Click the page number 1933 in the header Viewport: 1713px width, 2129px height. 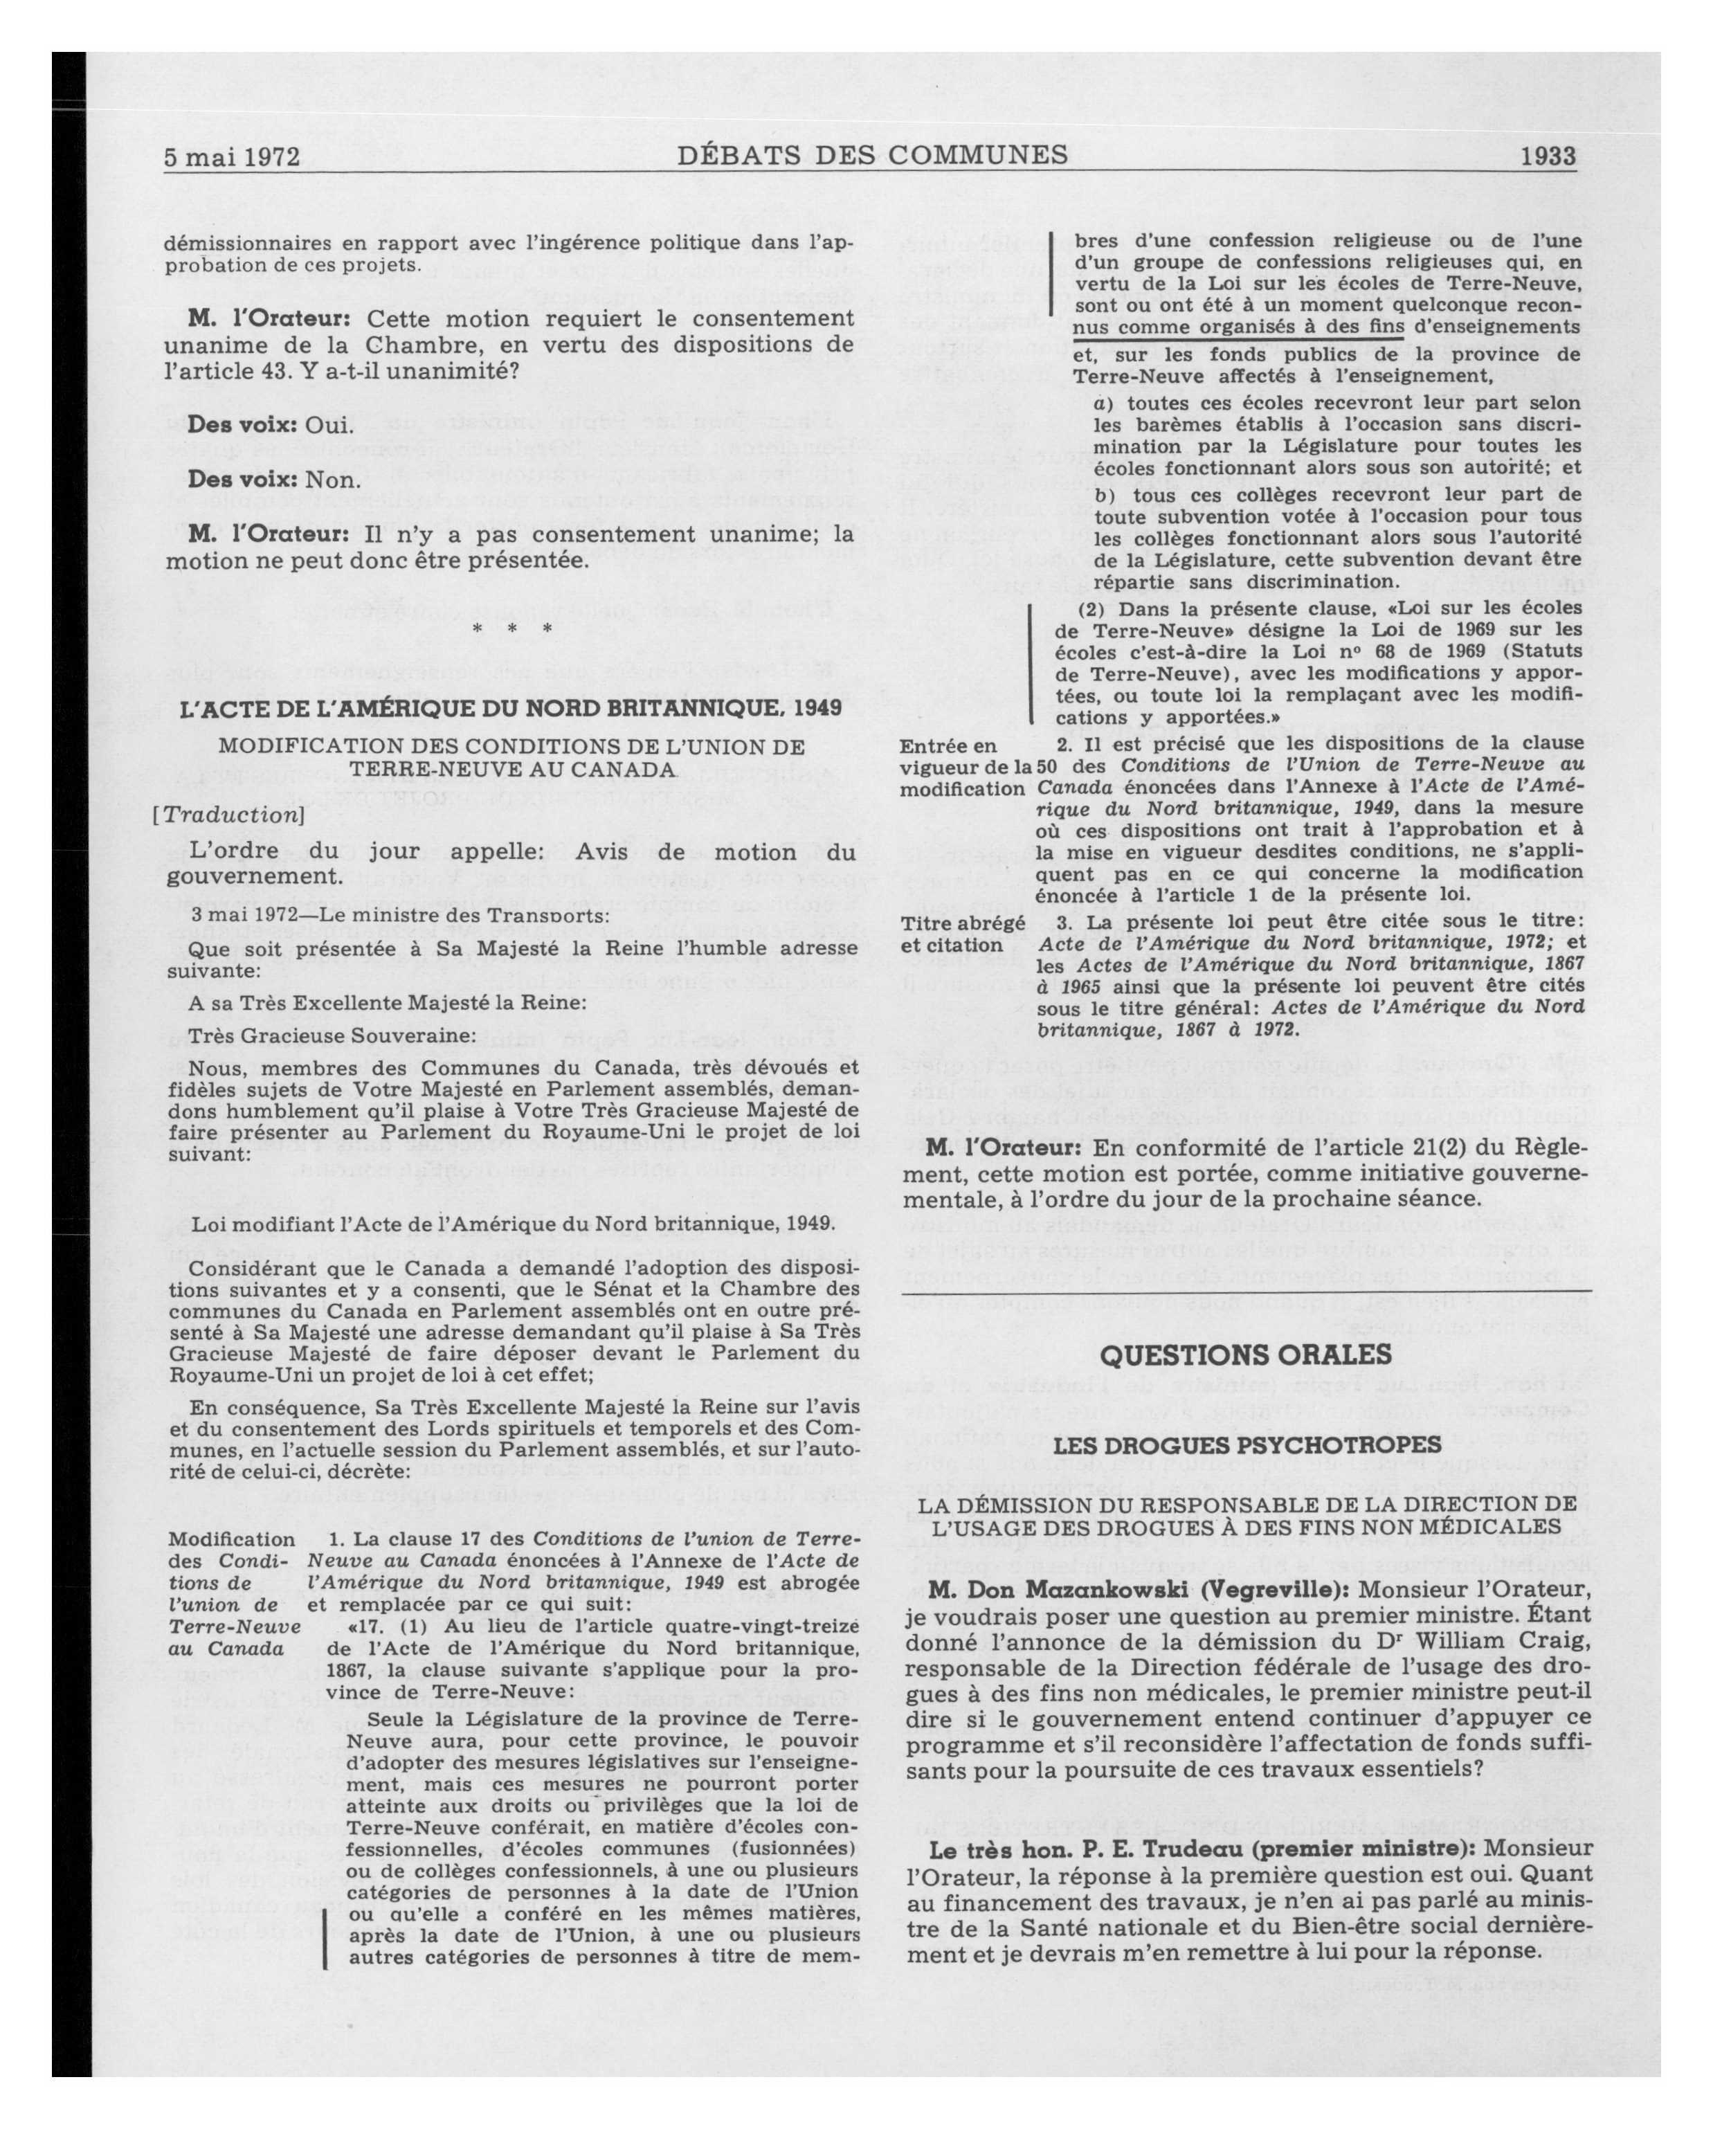click(1548, 156)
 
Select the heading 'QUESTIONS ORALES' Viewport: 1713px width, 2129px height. click(1246, 1354)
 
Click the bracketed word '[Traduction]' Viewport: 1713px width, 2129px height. click(228, 815)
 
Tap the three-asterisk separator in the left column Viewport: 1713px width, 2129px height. click(512, 629)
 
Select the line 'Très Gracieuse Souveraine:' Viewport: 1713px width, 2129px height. click(332, 1036)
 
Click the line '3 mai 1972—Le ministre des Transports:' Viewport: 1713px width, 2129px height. click(400, 914)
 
